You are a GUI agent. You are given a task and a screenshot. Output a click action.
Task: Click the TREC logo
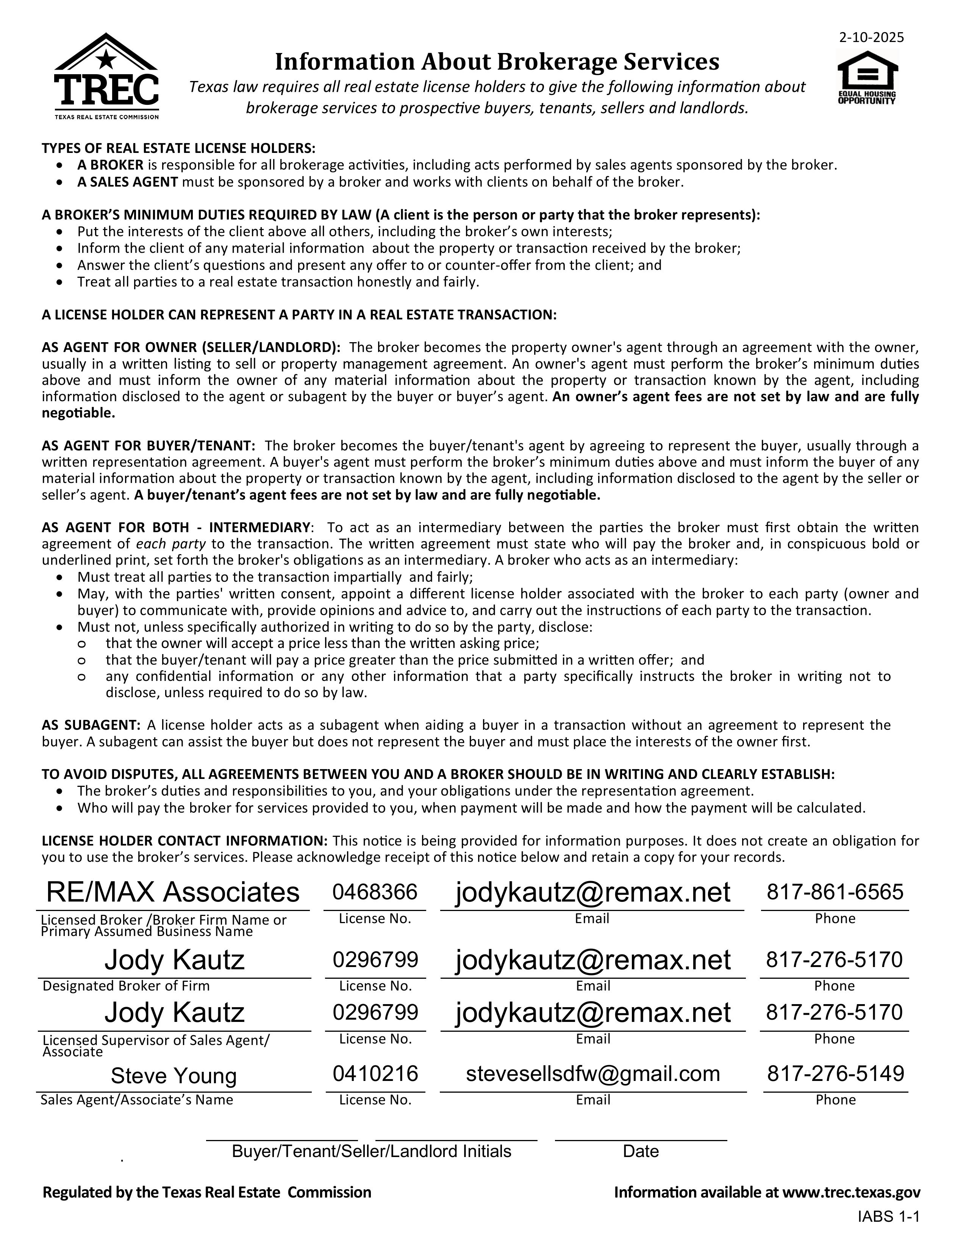click(106, 76)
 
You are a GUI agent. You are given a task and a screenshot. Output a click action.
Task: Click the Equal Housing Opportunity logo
click(867, 78)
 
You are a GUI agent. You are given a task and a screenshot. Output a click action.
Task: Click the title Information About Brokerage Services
click(497, 62)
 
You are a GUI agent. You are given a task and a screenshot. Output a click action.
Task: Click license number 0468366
click(375, 892)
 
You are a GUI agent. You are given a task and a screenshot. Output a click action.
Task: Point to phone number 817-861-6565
click(835, 892)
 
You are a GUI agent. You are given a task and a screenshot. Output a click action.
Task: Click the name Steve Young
click(174, 1076)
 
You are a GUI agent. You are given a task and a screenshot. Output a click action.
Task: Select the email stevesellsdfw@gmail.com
click(593, 1074)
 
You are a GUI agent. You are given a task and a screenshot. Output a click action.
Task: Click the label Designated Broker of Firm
click(126, 986)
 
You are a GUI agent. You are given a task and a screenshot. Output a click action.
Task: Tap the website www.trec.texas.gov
click(851, 1192)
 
